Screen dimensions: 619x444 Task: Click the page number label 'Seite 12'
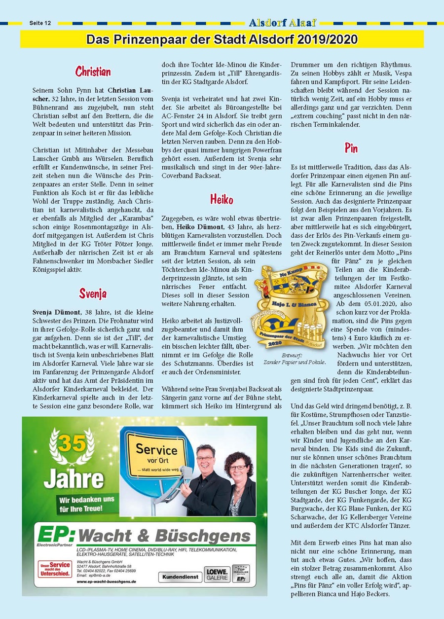coord(40,23)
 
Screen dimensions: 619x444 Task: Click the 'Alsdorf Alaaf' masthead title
coord(283,23)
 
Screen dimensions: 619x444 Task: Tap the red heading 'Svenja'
coord(93,294)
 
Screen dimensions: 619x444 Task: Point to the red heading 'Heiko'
coord(222,200)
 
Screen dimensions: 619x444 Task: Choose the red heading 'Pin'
coord(351,148)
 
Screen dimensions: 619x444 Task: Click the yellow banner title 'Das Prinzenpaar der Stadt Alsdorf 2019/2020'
coord(222,39)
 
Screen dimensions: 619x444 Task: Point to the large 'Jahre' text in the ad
coord(74,478)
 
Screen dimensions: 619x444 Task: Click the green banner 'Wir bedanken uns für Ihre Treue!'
coord(86,503)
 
